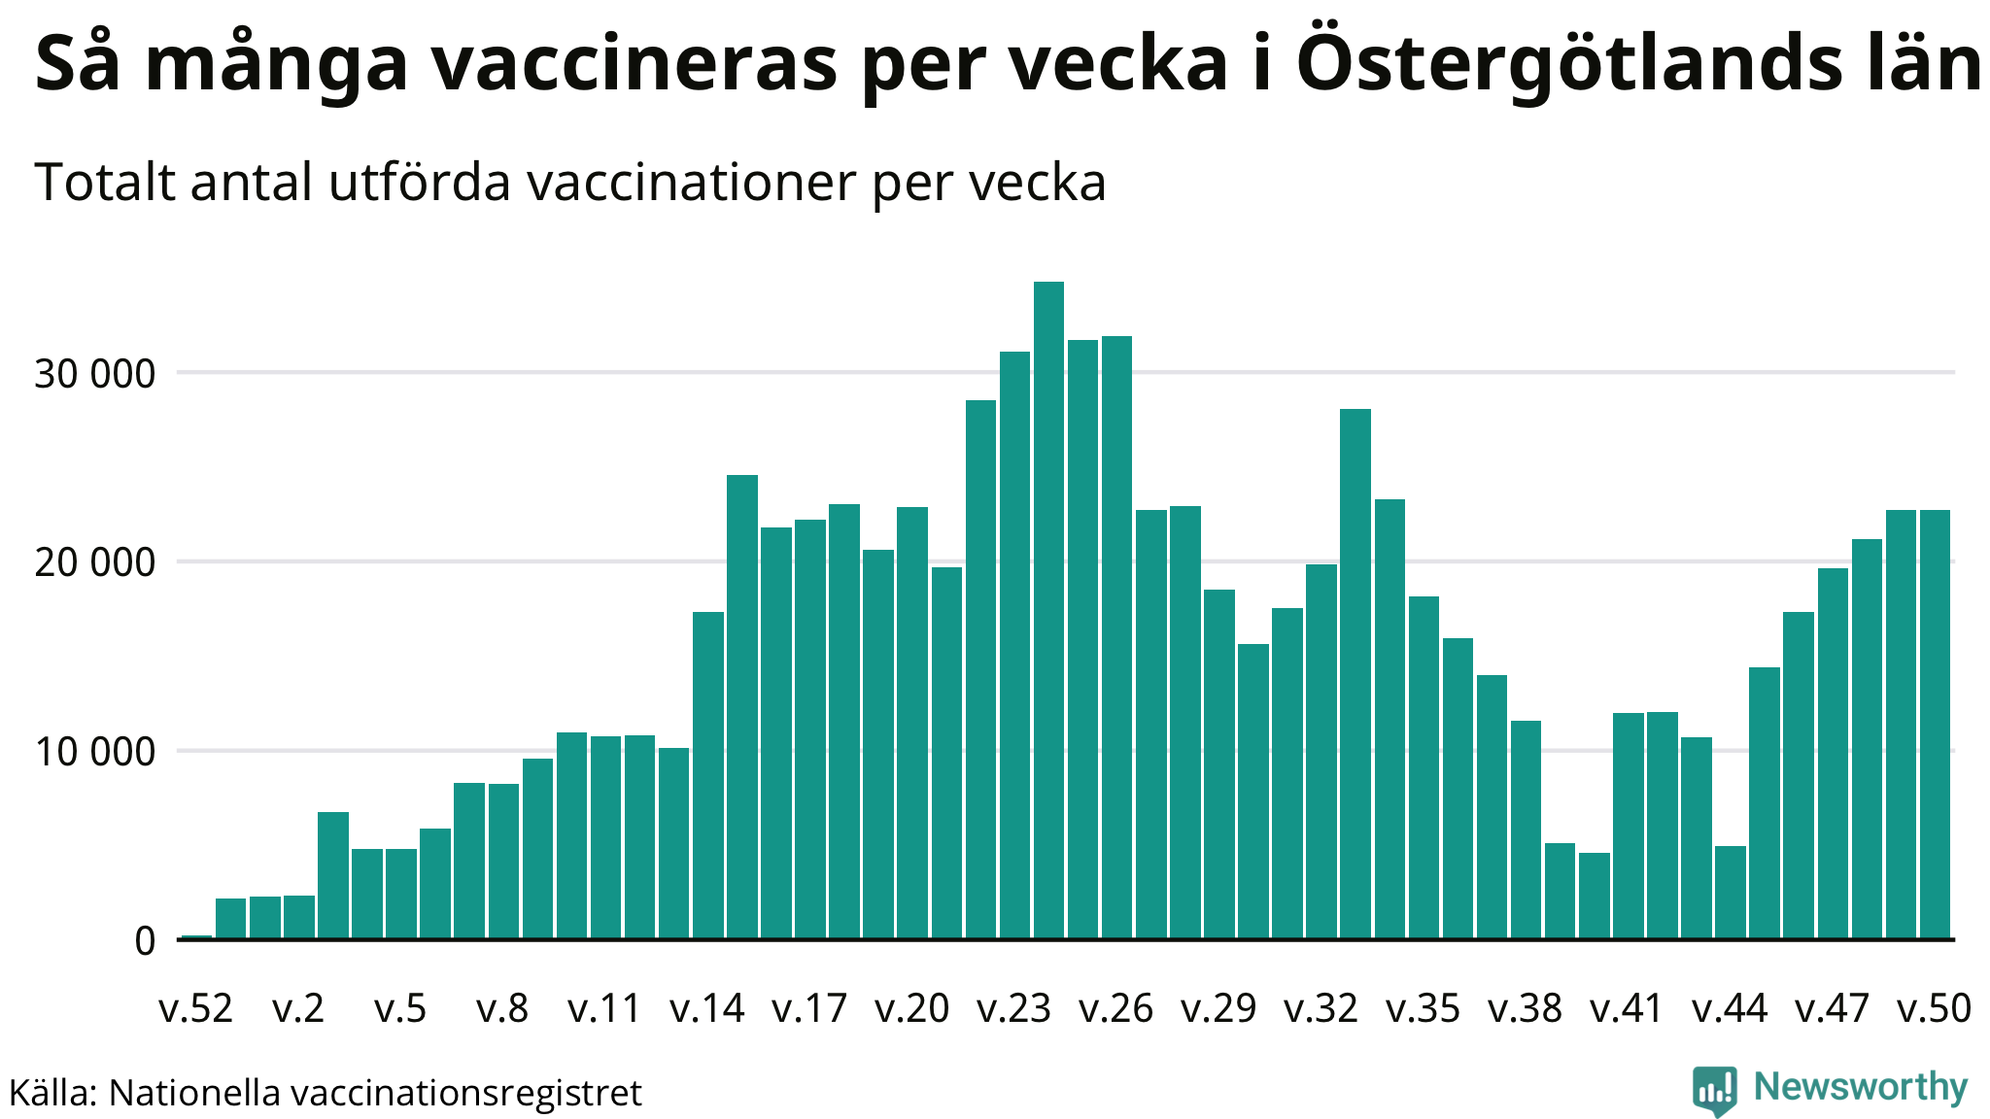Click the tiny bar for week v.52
pyautogui.click(x=196, y=936)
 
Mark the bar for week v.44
pyautogui.click(x=1731, y=893)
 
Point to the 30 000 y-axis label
pyautogui.click(x=94, y=374)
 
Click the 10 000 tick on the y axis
pyautogui.click(x=94, y=752)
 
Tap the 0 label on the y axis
pyautogui.click(x=145, y=941)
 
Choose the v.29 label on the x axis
pyautogui.click(x=1218, y=1009)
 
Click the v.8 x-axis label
pyautogui.click(x=502, y=1009)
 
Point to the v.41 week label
pyautogui.click(x=1628, y=1009)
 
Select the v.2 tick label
pyautogui.click(x=298, y=1009)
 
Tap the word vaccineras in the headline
pyautogui.click(x=635, y=64)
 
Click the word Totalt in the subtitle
pyautogui.click(x=105, y=183)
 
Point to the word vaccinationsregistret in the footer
pyautogui.click(x=466, y=1094)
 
